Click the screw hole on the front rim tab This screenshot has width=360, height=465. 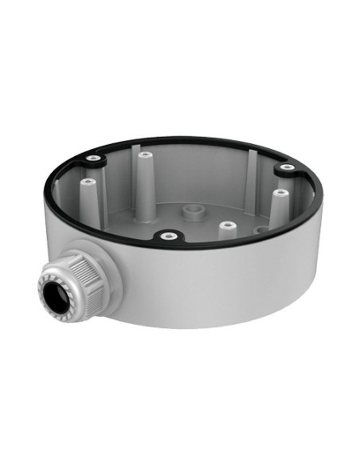point(166,236)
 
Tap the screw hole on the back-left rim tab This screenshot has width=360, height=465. point(95,159)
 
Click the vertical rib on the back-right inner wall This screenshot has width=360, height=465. point(252,171)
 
